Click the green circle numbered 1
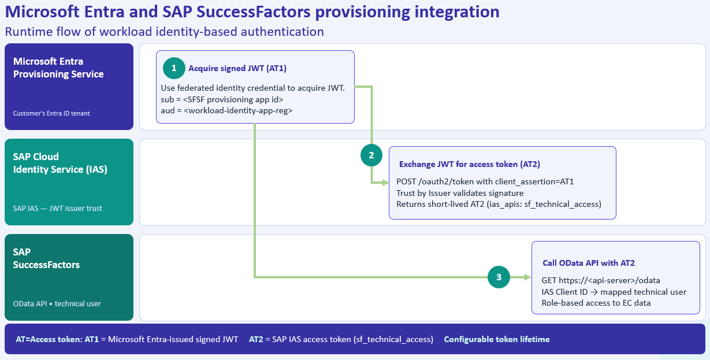pos(174,68)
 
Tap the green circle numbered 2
pos(371,155)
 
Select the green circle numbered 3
pos(499,277)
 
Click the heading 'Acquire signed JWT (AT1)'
pos(237,68)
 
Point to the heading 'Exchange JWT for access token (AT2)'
pos(470,164)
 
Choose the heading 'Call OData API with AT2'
pos(589,263)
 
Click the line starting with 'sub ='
pos(222,99)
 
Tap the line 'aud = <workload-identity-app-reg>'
pos(226,110)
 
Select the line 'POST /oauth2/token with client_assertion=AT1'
pos(485,181)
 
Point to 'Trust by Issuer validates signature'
pos(460,193)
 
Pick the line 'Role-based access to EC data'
pos(596,303)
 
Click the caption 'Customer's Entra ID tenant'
pos(51,113)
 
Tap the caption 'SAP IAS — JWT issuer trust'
pos(57,208)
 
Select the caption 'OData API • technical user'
pos(57,303)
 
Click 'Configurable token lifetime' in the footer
pos(497,339)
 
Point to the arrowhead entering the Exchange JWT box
pos(385,183)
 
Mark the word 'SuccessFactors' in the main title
pos(253,12)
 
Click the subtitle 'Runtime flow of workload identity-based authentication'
pos(165,32)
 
